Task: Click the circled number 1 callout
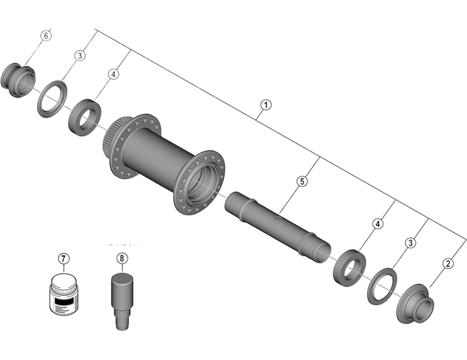coord(266,106)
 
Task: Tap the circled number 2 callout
coord(448,263)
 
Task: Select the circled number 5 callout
coord(302,181)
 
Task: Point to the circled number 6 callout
coord(47,35)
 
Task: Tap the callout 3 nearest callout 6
coord(80,55)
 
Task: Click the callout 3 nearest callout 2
coord(413,242)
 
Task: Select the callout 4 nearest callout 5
coord(378,223)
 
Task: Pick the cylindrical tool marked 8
coord(121,298)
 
